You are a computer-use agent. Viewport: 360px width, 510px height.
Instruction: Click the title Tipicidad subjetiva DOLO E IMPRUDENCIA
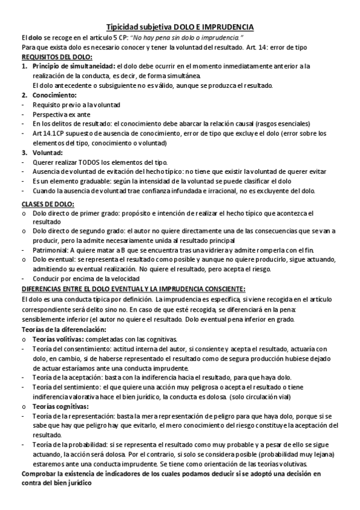point(180,27)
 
